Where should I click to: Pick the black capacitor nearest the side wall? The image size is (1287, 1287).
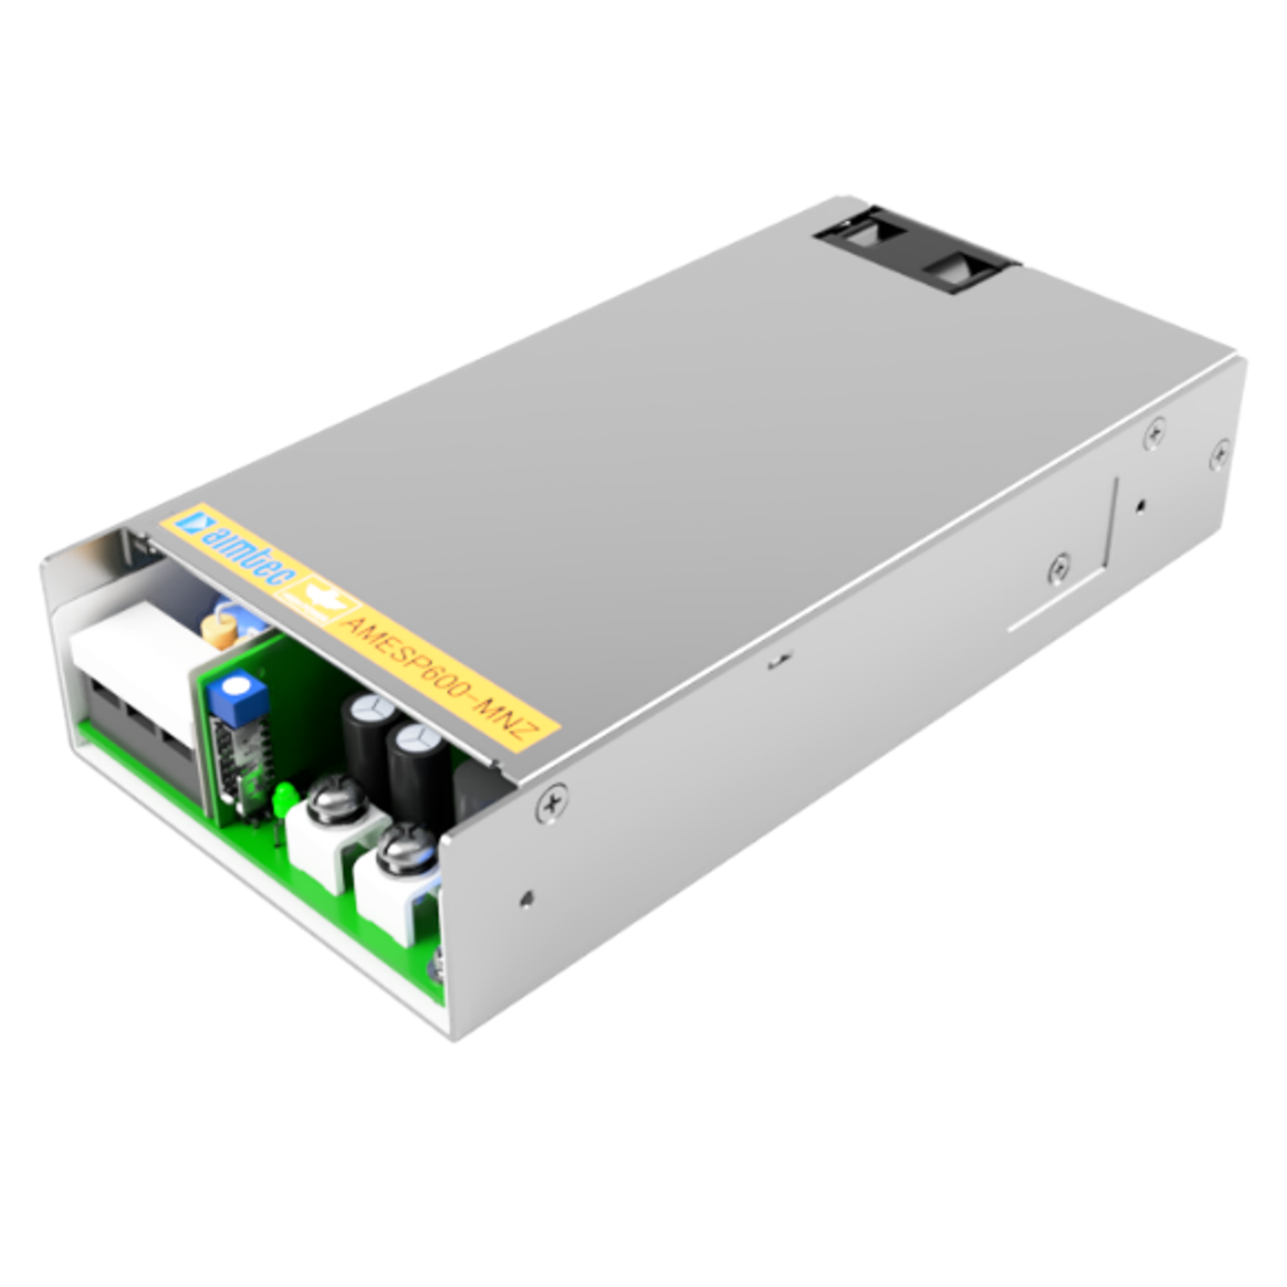pyautogui.click(x=420, y=773)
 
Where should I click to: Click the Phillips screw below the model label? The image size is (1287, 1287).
pyautogui.click(x=552, y=802)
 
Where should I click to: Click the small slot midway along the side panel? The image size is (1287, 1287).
pyautogui.click(x=777, y=662)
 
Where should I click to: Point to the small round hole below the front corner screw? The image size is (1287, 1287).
pyautogui.click(x=527, y=899)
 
